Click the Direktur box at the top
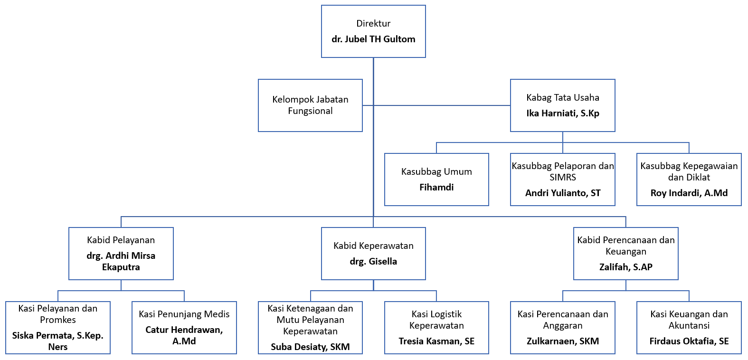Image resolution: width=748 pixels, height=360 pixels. click(373, 31)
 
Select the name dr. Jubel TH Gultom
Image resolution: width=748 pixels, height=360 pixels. click(373, 39)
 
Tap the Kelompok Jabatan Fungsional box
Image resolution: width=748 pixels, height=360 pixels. click(310, 105)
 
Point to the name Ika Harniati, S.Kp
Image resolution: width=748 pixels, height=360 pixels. click(563, 114)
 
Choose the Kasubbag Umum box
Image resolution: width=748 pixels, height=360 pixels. click(436, 180)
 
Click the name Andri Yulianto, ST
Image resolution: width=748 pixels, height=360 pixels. click(563, 193)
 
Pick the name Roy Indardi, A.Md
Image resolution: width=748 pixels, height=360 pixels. click(689, 193)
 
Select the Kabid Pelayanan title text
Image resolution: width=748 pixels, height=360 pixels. click(121, 240)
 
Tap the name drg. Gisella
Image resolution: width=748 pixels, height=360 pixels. click(373, 262)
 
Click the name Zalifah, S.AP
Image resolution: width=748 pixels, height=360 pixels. click(625, 267)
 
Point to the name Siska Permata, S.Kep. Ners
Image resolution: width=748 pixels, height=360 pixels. click(58, 341)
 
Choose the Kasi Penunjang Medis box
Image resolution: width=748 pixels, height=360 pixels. click(184, 328)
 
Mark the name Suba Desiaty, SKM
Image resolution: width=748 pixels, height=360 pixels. click(310, 347)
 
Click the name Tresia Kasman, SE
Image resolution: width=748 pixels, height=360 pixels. click(436, 341)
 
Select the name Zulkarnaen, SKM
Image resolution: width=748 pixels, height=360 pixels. click(563, 341)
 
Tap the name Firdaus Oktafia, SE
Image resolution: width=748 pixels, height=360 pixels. click(689, 341)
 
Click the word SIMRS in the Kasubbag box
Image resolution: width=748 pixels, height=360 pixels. click(563, 178)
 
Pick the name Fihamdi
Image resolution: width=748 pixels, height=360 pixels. click(436, 188)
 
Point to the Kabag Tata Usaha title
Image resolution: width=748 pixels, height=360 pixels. click(563, 98)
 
